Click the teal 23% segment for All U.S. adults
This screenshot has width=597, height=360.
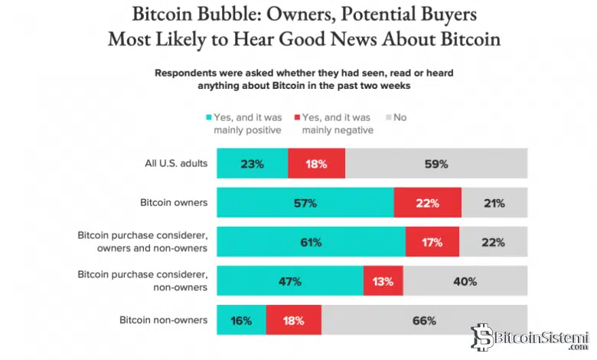pos(252,164)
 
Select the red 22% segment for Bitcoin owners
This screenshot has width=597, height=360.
pos(427,203)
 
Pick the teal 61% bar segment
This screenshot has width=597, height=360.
pos(311,242)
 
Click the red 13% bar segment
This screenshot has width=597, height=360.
pos(383,281)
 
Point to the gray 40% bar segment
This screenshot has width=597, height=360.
pos(465,281)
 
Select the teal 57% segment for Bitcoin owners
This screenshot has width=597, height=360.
pos(305,203)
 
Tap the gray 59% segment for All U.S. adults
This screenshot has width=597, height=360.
pos(436,164)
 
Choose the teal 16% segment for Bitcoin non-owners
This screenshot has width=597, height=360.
pos(241,320)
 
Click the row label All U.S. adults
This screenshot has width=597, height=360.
pos(175,164)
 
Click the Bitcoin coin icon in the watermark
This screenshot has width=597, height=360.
pos(481,338)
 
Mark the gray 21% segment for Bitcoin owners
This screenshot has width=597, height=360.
pos(494,203)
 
